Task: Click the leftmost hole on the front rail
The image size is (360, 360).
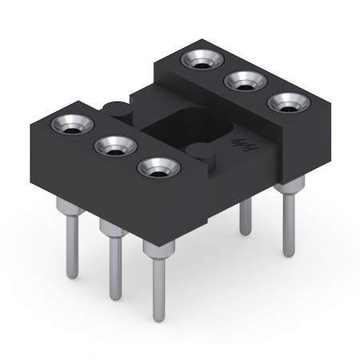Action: (x=72, y=125)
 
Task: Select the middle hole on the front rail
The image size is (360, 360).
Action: (x=115, y=146)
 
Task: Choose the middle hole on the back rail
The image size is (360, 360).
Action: (x=244, y=80)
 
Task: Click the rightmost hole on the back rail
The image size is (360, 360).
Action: (x=289, y=102)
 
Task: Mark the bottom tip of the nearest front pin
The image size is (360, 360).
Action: (x=159, y=319)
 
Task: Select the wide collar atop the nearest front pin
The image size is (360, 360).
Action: (x=158, y=250)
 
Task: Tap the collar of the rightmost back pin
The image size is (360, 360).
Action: (x=290, y=186)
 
